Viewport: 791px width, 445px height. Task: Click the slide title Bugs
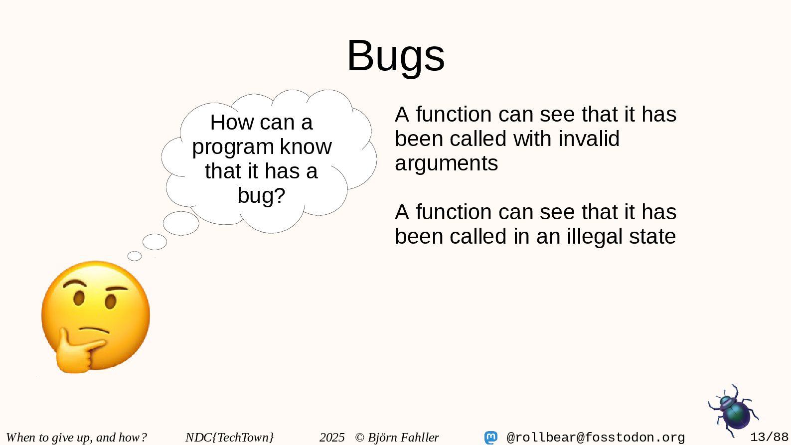pos(396,56)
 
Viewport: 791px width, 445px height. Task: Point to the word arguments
pos(447,163)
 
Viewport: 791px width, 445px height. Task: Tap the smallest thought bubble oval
pos(135,256)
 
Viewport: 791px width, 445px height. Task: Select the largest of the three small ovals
pos(181,223)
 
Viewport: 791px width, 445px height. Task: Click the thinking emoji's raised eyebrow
pos(75,283)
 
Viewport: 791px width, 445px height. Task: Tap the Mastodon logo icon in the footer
pos(491,438)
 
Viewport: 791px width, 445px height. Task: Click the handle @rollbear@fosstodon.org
pos(596,438)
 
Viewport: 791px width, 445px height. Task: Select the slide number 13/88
pos(769,437)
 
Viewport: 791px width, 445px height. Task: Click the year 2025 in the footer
pos(332,438)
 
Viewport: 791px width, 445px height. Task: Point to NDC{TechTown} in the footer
pos(230,438)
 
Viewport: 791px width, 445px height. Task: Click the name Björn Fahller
pos(403,437)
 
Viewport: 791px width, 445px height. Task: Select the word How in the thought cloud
pos(232,123)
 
